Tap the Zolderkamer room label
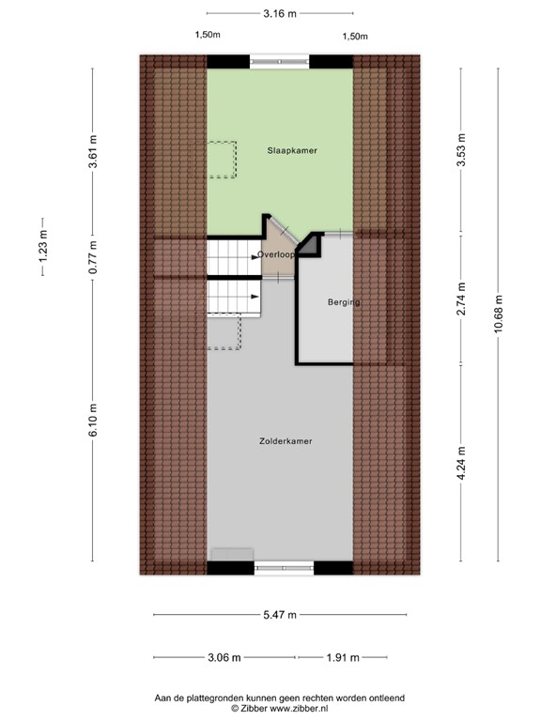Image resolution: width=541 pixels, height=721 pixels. tap(286, 440)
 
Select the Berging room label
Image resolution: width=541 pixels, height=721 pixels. tap(344, 302)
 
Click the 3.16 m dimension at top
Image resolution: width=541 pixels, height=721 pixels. tap(280, 13)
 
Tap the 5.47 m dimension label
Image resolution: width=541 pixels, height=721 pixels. tap(279, 615)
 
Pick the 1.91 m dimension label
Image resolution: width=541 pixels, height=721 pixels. tap(343, 657)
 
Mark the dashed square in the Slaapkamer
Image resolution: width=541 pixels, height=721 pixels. tap(223, 160)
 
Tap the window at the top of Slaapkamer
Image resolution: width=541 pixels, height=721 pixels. tap(280, 61)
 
